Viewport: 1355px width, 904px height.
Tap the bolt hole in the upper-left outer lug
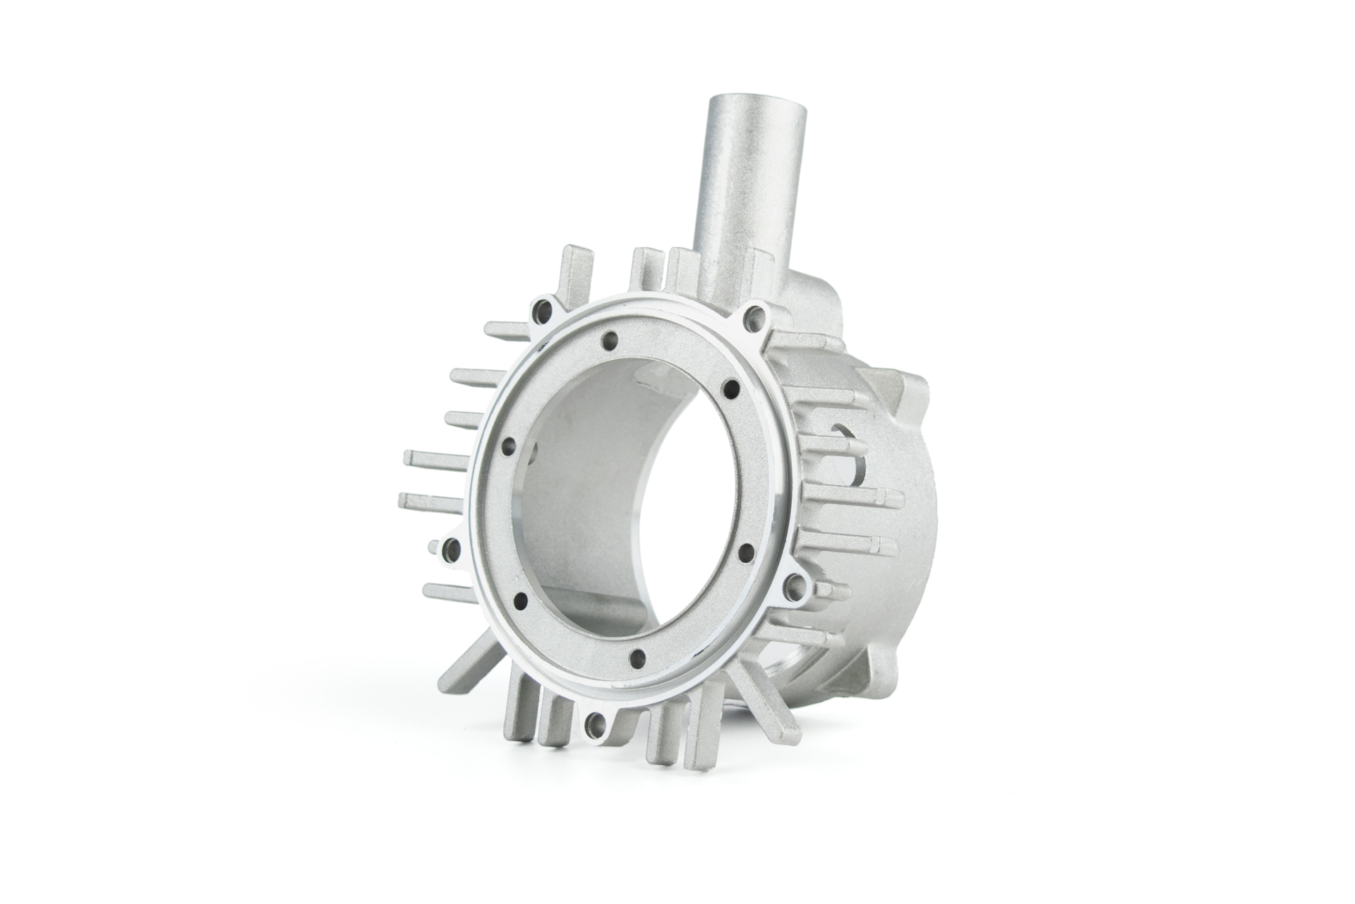coord(544,308)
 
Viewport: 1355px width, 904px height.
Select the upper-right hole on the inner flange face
coord(731,387)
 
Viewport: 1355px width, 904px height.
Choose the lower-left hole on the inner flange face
coord(522,600)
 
